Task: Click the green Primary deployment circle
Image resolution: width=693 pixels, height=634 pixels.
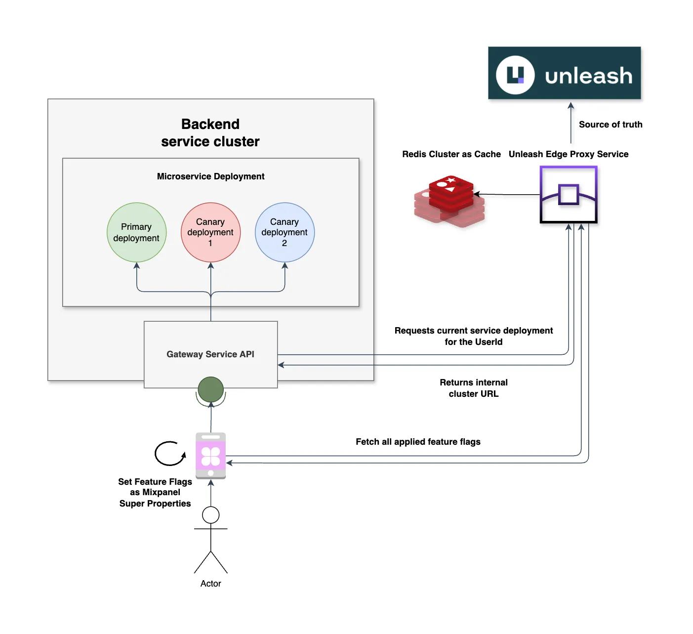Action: tap(136, 232)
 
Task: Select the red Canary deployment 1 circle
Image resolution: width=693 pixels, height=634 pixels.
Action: tap(210, 232)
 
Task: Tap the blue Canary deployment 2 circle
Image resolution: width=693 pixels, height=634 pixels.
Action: tap(285, 232)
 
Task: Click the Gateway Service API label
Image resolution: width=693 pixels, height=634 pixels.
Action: tap(210, 354)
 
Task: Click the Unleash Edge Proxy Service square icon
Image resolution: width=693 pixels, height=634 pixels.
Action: tap(569, 195)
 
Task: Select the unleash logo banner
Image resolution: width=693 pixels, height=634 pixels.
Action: tap(564, 73)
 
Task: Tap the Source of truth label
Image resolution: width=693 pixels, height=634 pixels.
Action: tap(611, 125)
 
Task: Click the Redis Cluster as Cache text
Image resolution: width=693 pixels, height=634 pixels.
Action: tap(451, 154)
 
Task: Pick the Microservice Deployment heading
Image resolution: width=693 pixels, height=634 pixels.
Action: tap(210, 176)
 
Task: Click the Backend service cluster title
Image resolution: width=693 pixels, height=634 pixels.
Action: tap(210, 133)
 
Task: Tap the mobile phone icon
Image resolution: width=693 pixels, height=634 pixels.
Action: tap(211, 456)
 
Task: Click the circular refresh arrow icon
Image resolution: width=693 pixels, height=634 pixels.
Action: tap(170, 453)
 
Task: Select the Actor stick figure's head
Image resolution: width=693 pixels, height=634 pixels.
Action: tap(211, 515)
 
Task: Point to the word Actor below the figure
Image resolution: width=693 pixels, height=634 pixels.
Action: tap(211, 584)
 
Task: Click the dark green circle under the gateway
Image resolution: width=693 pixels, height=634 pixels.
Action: tap(211, 389)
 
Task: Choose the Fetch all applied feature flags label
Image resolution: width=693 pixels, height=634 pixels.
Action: tap(418, 442)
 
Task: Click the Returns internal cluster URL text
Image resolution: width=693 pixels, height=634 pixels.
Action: tap(474, 388)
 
